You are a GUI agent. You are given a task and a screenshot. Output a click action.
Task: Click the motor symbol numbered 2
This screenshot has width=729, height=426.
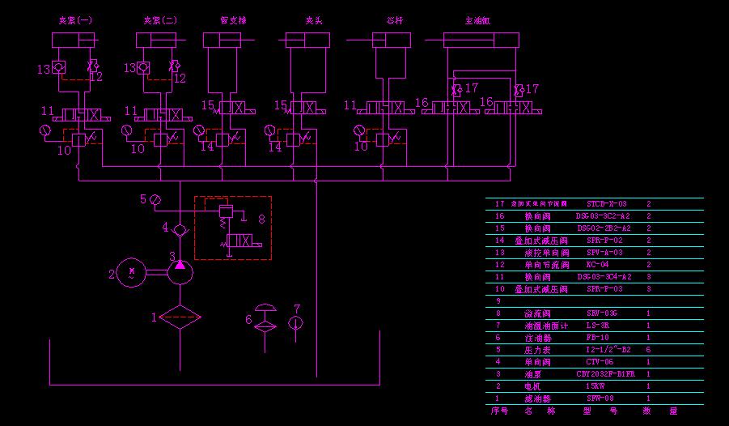click(130, 273)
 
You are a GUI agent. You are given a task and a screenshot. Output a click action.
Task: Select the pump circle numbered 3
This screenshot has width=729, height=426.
click(180, 272)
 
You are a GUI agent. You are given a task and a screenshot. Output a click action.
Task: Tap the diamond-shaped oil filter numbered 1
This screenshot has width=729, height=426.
click(180, 317)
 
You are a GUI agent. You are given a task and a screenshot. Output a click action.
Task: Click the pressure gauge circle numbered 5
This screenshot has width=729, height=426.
click(155, 198)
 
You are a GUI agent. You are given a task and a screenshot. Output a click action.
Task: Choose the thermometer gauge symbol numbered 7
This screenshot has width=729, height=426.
click(296, 323)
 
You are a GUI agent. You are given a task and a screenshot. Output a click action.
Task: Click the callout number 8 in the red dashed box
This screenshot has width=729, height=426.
click(261, 218)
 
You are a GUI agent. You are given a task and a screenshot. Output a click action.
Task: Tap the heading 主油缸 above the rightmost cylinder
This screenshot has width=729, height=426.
click(478, 20)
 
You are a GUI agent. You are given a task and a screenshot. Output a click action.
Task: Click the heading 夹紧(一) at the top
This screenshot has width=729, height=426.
click(75, 20)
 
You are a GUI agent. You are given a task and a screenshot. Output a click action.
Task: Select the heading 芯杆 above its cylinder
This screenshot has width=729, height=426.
click(394, 20)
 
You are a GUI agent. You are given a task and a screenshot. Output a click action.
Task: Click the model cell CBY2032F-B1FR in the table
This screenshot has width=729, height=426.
click(605, 374)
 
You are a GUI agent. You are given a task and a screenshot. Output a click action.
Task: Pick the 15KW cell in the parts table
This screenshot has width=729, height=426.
click(595, 386)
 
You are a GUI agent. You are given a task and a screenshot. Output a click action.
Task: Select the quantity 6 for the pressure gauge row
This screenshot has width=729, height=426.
click(649, 350)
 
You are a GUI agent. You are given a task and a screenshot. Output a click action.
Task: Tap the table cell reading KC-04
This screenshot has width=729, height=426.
click(597, 265)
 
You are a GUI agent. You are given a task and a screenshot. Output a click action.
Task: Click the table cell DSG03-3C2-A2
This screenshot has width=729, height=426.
click(603, 216)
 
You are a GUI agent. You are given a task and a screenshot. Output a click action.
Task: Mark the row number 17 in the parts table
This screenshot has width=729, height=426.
click(498, 204)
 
